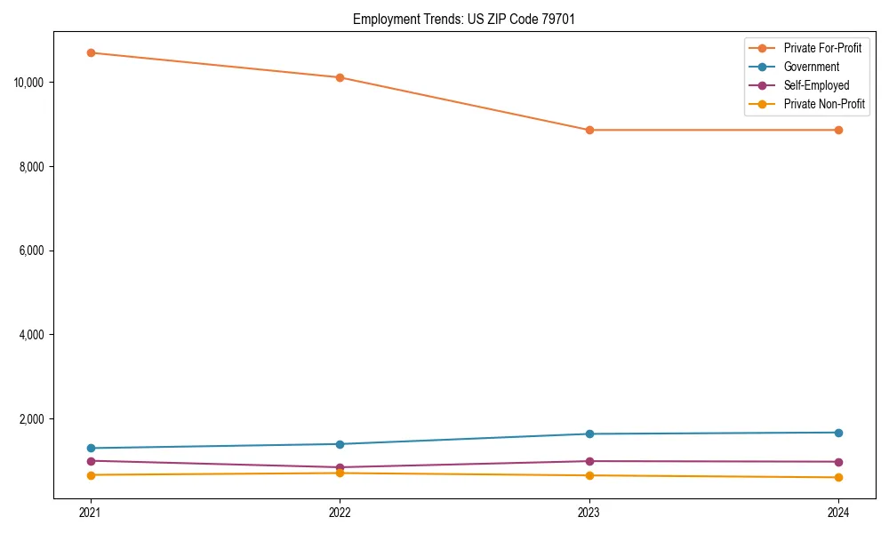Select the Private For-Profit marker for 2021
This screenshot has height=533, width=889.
click(90, 52)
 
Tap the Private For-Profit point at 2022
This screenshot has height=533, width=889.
click(340, 77)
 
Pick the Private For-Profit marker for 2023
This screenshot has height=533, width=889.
click(589, 130)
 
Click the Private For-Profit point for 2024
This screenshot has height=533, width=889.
click(838, 130)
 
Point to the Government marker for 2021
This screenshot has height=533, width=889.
click(90, 448)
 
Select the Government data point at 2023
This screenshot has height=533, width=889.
click(589, 434)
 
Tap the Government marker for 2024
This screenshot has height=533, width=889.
click(838, 433)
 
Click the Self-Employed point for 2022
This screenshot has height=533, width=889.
click(340, 467)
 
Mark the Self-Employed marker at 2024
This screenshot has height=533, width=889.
click(838, 462)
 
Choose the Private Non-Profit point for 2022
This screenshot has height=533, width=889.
click(340, 473)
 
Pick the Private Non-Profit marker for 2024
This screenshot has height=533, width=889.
click(838, 477)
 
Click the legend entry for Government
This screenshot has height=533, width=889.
click(811, 67)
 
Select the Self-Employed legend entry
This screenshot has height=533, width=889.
click(816, 85)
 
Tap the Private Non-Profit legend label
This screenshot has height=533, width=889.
click(824, 104)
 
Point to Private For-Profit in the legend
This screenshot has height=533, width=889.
click(822, 48)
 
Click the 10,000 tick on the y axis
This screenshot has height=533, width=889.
click(30, 83)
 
